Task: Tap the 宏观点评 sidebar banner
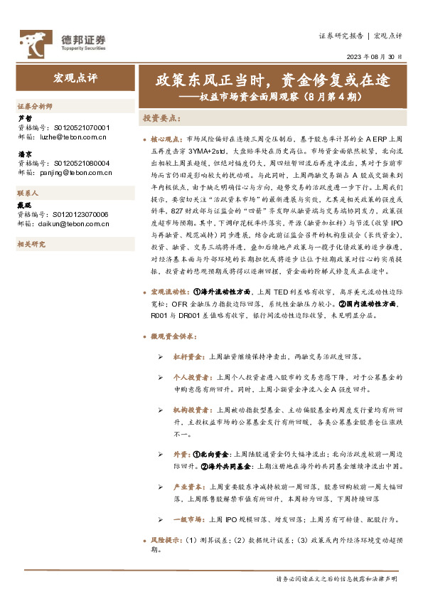(75, 76)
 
